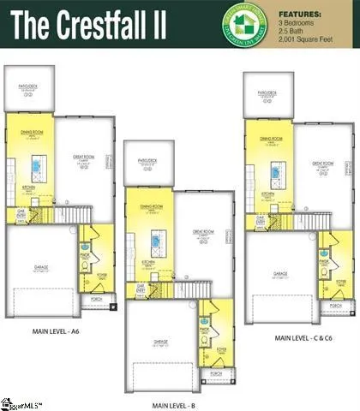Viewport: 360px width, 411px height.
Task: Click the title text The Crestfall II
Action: pos(100,24)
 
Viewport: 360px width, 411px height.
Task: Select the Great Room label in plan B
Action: pos(203,231)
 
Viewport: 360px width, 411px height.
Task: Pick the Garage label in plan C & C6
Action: pos(279,275)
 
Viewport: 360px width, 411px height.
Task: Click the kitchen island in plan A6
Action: pos(36,164)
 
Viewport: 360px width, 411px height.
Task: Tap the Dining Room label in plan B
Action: pos(152,206)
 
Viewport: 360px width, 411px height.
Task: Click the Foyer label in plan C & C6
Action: pos(340,281)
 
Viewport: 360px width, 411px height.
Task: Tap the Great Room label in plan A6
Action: pos(83,157)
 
